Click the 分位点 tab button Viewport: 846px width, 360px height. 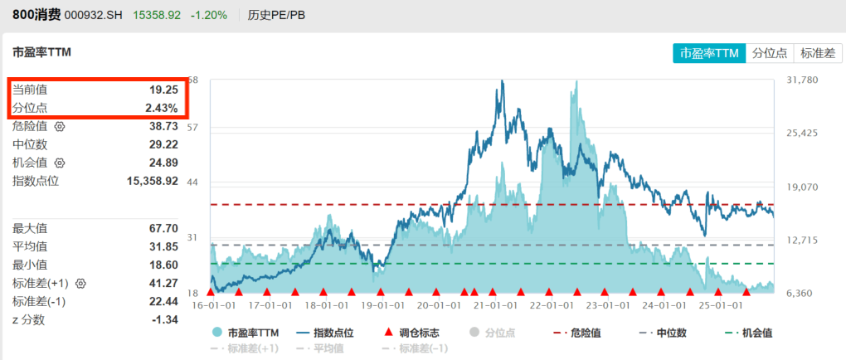pos(770,53)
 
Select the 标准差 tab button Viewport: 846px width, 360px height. pos(818,53)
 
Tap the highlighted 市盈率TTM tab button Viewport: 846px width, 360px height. pos(709,53)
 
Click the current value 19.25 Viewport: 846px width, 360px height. pos(164,89)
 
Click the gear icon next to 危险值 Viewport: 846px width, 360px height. pos(59,126)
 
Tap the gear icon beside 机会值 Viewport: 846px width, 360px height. pos(59,163)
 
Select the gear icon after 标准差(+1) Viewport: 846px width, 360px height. pos(81,283)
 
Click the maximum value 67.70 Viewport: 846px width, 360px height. pos(163,228)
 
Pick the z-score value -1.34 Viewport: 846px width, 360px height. pos(163,319)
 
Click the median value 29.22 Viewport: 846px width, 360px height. pos(163,144)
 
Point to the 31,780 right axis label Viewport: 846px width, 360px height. pos(801,80)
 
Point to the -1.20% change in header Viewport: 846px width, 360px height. pos(208,15)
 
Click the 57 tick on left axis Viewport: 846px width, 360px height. pos(193,128)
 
